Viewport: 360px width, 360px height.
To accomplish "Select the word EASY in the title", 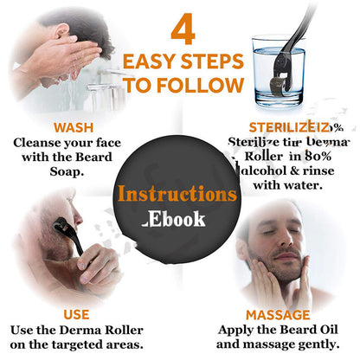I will point(150,62).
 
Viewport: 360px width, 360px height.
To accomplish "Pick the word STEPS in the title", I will point(210,62).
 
